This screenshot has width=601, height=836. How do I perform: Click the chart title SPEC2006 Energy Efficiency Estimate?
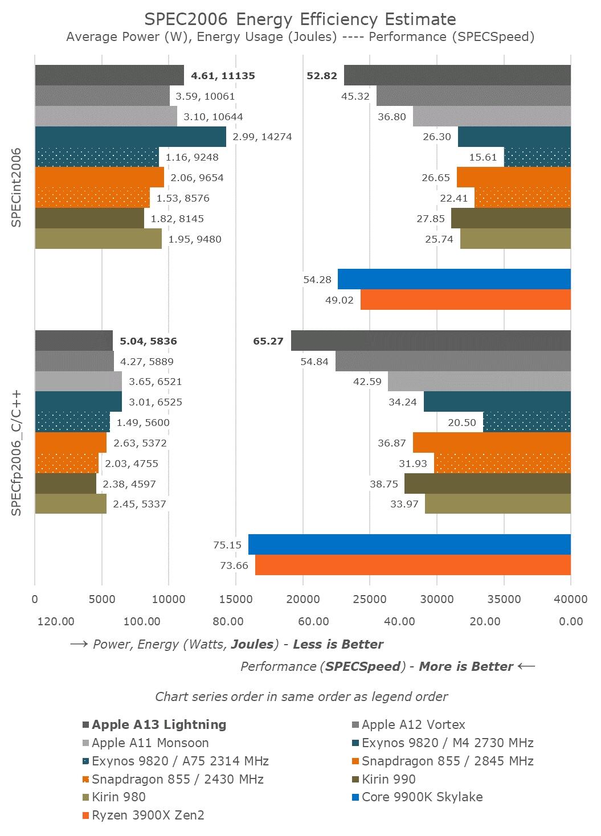pyautogui.click(x=300, y=19)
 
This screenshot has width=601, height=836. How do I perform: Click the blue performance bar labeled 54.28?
pyautogui.click(x=454, y=279)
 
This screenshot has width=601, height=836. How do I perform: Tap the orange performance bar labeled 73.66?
pyautogui.click(x=412, y=565)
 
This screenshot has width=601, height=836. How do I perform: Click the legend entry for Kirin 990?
pyautogui.click(x=389, y=779)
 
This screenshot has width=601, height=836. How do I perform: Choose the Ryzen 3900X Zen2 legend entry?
pyautogui.click(x=148, y=815)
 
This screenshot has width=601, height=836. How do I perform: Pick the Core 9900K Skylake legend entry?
pyautogui.click(x=422, y=797)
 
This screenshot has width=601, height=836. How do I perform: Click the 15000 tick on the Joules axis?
pyautogui.click(x=236, y=599)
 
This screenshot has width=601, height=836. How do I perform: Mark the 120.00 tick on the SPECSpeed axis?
pyautogui.click(x=56, y=621)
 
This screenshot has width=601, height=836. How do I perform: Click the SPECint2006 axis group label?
pyautogui.click(x=17, y=187)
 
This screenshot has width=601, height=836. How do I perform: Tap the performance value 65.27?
pyautogui.click(x=268, y=342)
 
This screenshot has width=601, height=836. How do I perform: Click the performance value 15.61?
pyautogui.click(x=483, y=157)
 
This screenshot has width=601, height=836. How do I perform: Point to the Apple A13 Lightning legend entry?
pyautogui.click(x=159, y=725)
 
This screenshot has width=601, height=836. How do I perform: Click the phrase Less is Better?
pyautogui.click(x=338, y=645)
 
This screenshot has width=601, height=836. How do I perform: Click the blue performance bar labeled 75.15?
pyautogui.click(x=409, y=544)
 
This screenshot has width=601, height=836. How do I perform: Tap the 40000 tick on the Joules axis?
pyautogui.click(x=571, y=599)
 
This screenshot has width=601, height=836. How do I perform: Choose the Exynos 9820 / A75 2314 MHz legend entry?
pyautogui.click(x=180, y=761)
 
